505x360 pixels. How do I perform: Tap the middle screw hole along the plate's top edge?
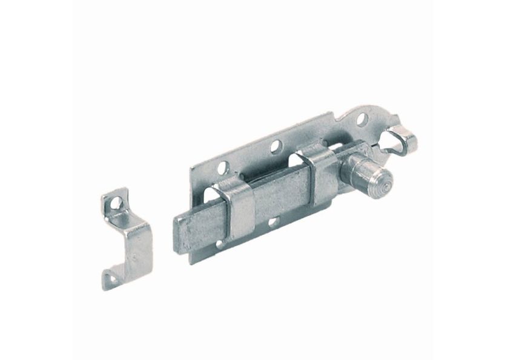(276, 145)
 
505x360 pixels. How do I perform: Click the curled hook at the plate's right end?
(404, 142)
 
